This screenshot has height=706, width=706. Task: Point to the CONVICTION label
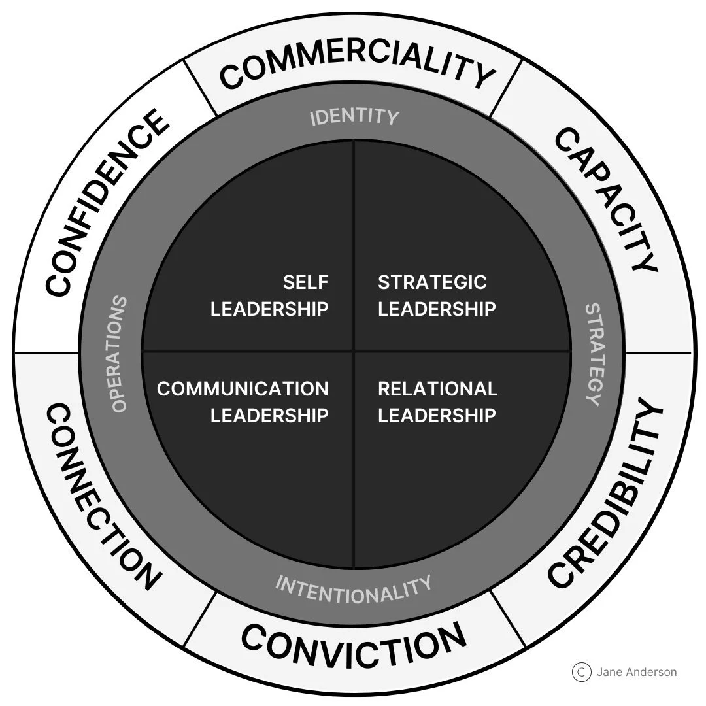point(354,644)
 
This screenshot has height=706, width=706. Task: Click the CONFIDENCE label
point(105,203)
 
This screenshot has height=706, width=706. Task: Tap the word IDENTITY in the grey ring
point(354,116)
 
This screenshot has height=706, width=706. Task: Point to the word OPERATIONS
point(118,354)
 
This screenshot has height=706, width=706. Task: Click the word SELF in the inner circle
point(305,282)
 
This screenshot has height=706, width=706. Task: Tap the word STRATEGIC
point(432,282)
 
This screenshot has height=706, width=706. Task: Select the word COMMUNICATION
point(243,388)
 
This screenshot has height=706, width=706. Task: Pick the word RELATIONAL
point(437,388)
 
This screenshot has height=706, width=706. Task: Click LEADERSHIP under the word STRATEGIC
point(437,309)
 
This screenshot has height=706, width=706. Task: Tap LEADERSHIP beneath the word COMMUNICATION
point(269,415)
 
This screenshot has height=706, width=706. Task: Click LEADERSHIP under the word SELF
point(269,309)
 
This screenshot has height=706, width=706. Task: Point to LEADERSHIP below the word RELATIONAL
point(437,415)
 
